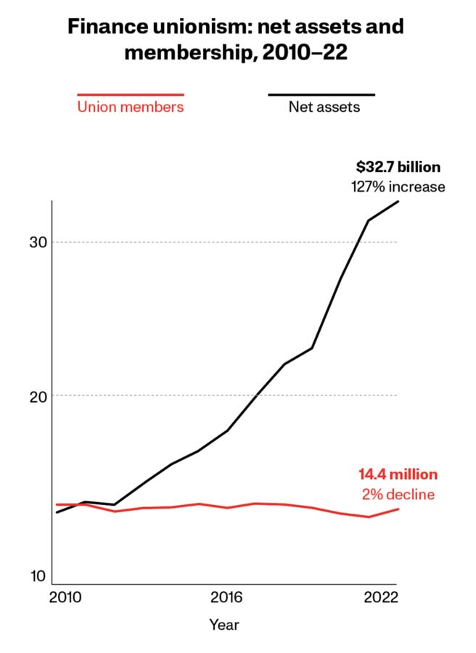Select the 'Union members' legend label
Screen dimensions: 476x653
click(131, 107)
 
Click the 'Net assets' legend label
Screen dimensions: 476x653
click(324, 107)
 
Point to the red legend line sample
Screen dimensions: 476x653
click(131, 95)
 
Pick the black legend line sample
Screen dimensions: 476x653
click(321, 95)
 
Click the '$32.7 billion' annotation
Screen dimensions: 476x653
click(398, 167)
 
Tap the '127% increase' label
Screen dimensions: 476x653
click(398, 186)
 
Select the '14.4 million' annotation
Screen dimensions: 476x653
click(398, 475)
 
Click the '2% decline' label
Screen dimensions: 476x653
click(398, 494)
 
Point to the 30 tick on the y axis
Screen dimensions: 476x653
click(38, 242)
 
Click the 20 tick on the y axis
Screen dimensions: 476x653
click(38, 397)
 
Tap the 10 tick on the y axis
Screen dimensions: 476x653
click(38, 576)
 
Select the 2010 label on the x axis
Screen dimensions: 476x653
click(65, 598)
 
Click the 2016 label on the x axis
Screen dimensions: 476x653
click(226, 598)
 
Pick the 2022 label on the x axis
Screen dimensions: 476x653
click(381, 598)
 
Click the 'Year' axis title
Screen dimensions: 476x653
click(224, 625)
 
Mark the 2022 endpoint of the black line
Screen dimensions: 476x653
click(398, 202)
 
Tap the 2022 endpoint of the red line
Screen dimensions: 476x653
click(398, 509)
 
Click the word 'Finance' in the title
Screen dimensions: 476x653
click(107, 27)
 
